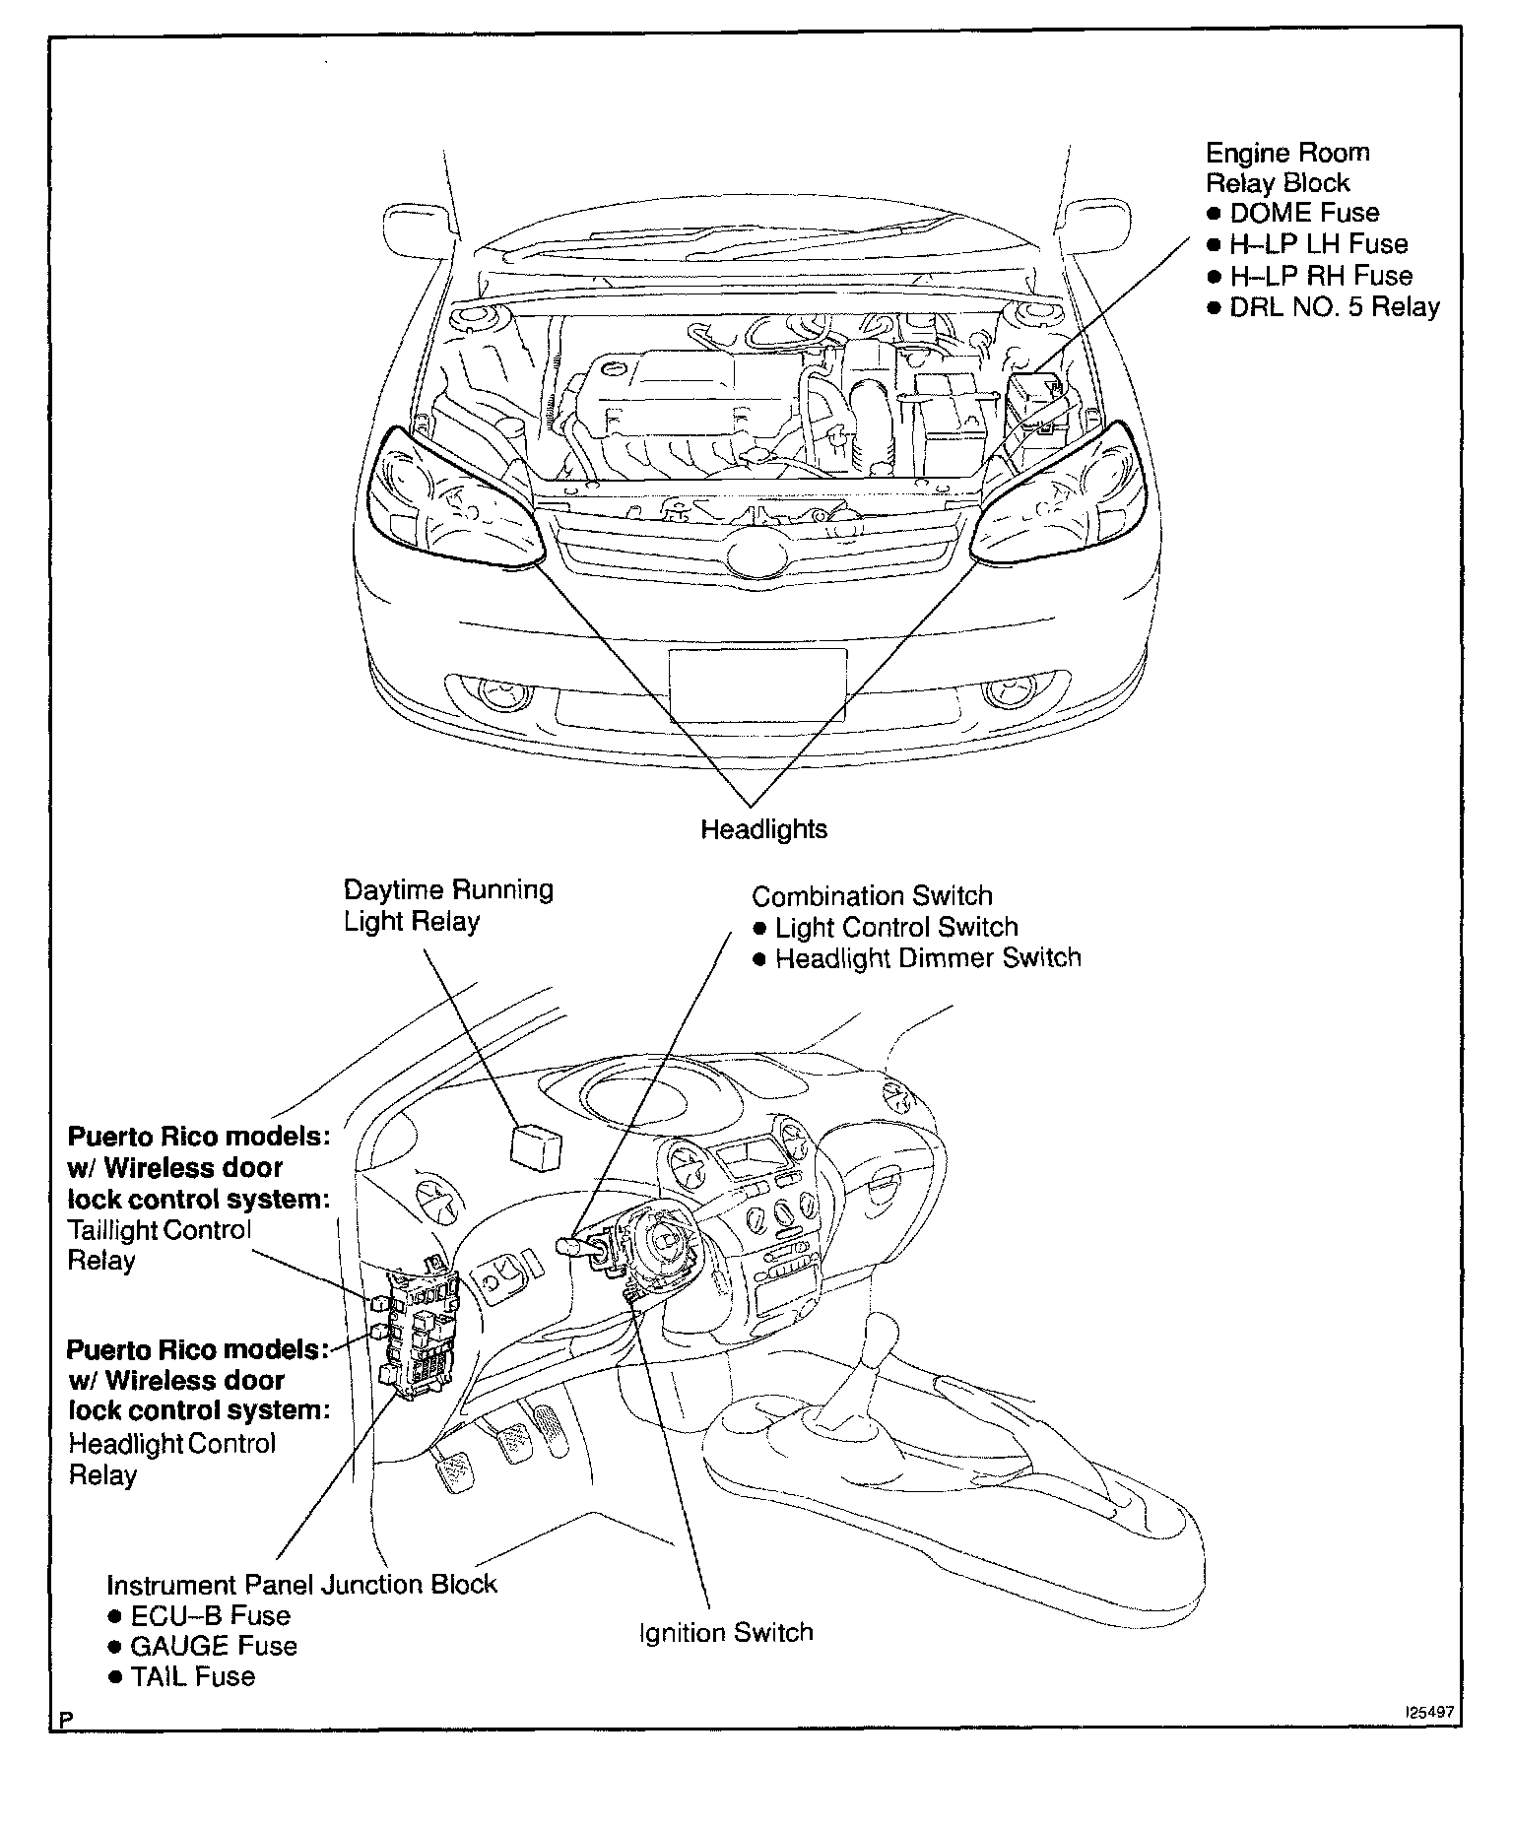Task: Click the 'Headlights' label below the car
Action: [x=763, y=829]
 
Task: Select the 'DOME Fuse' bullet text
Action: [x=1304, y=213]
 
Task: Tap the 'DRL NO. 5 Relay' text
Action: [x=1334, y=306]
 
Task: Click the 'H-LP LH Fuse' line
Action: [x=1318, y=244]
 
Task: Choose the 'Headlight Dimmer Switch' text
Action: [x=927, y=958]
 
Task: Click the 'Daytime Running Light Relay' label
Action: [x=448, y=905]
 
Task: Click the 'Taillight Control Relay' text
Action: [x=159, y=1245]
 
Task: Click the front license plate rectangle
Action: [x=756, y=685]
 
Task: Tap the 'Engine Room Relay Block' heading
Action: [x=1286, y=167]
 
